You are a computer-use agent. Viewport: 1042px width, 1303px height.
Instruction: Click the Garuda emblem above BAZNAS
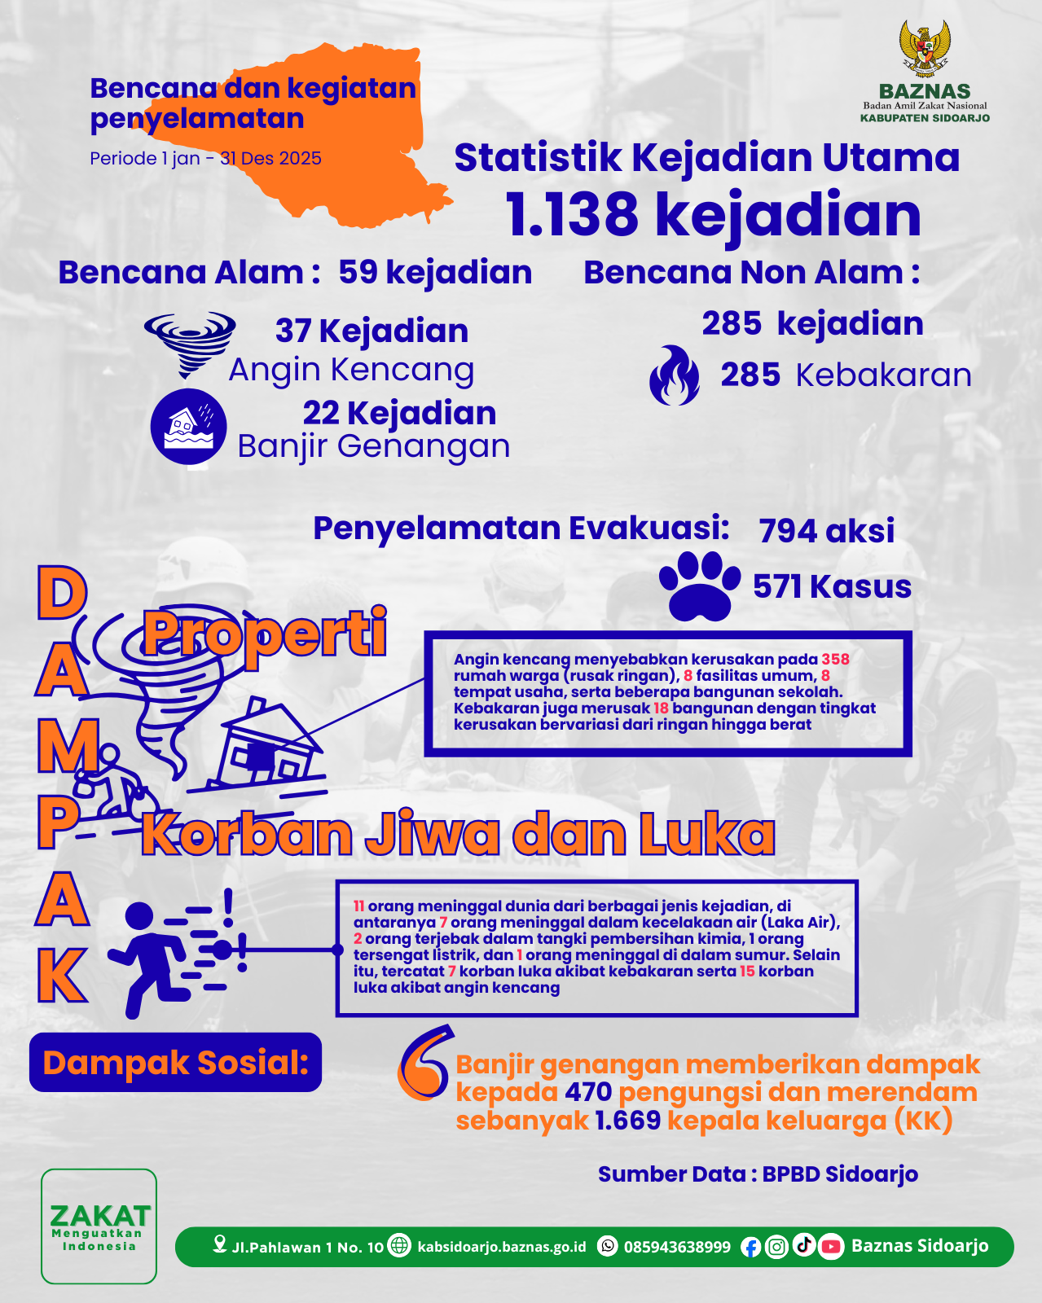click(925, 49)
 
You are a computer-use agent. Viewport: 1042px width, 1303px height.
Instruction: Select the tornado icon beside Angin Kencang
click(190, 342)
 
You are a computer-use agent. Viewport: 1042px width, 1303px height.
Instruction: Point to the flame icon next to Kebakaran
click(675, 376)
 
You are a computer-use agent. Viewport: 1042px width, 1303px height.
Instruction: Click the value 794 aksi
click(826, 531)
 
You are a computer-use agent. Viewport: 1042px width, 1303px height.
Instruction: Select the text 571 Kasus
click(832, 586)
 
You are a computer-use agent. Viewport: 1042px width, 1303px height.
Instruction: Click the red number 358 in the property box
click(835, 659)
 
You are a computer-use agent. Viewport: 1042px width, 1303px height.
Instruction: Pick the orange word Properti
click(266, 634)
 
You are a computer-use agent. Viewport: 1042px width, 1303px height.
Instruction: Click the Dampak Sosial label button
click(176, 1063)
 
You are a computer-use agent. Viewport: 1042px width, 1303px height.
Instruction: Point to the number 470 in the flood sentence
click(588, 1092)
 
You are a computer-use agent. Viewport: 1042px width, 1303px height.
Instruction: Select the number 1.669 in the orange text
click(627, 1121)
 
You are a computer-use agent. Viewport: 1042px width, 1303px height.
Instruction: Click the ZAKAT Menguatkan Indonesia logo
click(99, 1226)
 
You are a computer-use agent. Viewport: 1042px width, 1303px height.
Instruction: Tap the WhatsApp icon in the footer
click(608, 1246)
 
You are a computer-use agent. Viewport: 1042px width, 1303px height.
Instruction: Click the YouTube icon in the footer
click(830, 1246)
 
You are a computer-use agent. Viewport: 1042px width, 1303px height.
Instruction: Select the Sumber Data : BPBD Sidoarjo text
click(758, 1174)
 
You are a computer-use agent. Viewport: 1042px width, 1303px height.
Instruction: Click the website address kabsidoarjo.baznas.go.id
click(501, 1247)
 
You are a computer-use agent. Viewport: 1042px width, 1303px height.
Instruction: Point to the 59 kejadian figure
click(435, 272)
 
